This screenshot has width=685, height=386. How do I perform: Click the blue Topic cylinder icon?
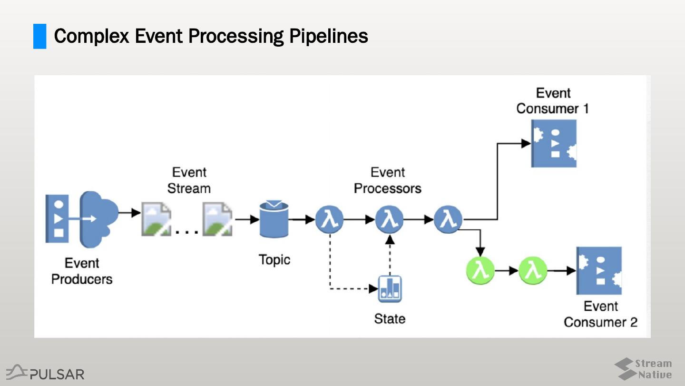[274, 219]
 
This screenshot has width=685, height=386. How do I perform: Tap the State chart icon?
[390, 289]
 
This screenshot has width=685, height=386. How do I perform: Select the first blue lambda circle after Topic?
[329, 220]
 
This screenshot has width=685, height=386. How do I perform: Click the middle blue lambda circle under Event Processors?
[389, 220]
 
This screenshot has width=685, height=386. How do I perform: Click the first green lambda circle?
[480, 271]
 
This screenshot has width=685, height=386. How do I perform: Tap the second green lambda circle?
[533, 271]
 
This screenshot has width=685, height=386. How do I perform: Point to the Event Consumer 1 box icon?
[554, 143]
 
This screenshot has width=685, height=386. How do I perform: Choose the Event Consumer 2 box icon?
[599, 270]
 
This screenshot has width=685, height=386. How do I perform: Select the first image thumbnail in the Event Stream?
[156, 219]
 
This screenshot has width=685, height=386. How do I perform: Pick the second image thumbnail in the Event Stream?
[217, 219]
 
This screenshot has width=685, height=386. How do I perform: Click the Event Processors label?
[387, 180]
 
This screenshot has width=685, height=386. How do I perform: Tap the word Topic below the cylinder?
[274, 260]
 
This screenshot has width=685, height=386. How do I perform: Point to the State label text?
[390, 318]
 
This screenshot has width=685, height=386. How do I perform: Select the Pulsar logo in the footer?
[46, 373]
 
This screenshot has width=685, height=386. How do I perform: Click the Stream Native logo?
[643, 369]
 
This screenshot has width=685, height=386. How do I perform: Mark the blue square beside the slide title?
[39, 36]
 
